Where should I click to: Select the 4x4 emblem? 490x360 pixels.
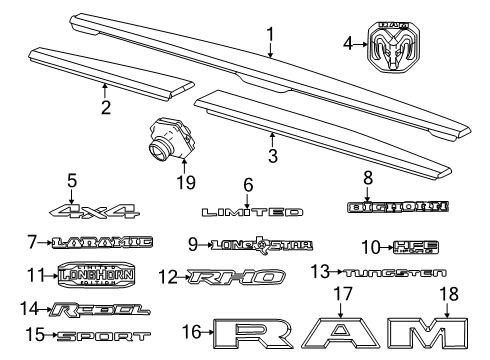point(97,211)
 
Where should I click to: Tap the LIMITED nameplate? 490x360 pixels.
point(252,212)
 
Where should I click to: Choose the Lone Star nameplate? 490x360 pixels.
point(264,243)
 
